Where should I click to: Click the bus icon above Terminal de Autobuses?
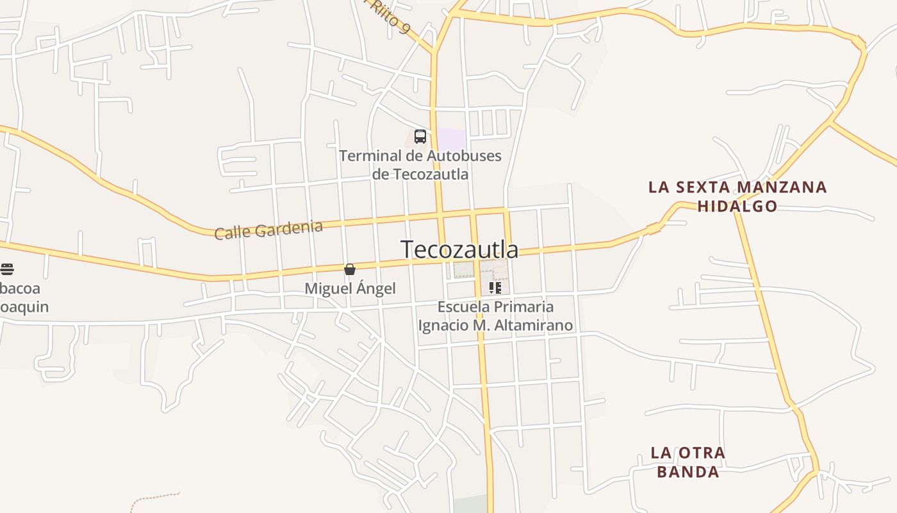point(420,137)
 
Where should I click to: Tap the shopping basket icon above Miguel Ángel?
point(350,269)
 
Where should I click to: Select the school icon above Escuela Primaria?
point(495,288)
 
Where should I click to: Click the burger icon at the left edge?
point(7,269)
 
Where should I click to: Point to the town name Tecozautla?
point(459,249)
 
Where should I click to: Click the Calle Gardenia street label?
point(268,230)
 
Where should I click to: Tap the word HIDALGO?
point(737,206)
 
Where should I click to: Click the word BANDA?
point(688,473)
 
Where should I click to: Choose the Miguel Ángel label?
point(350,289)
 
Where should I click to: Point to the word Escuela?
point(463,307)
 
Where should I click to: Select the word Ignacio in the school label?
point(443,325)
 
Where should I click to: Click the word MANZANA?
point(782,187)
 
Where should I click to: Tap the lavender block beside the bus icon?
point(451,139)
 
